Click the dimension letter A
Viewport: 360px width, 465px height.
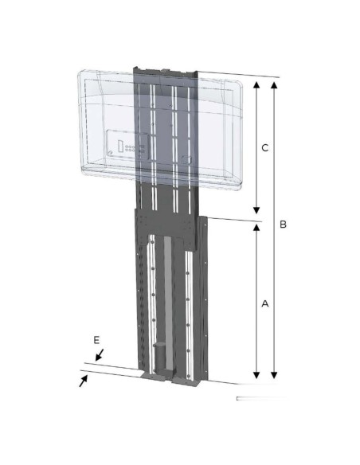266,303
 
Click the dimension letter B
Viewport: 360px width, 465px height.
283,225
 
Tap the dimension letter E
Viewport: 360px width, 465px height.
96,340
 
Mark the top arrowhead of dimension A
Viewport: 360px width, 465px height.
256,227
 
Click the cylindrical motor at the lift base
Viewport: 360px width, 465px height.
159,356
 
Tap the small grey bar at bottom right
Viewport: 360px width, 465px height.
255,397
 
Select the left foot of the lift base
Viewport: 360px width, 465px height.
141,374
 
